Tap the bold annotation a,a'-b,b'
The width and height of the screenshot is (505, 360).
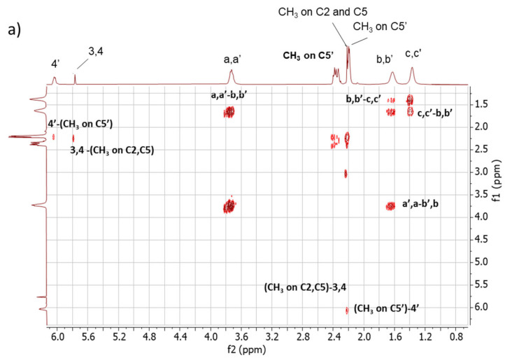(x=240, y=95)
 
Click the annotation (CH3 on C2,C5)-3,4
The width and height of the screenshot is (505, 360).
(x=303, y=288)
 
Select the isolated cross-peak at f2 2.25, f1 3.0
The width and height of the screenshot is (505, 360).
(x=346, y=173)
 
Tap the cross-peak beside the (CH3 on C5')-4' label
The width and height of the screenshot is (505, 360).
(x=346, y=310)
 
